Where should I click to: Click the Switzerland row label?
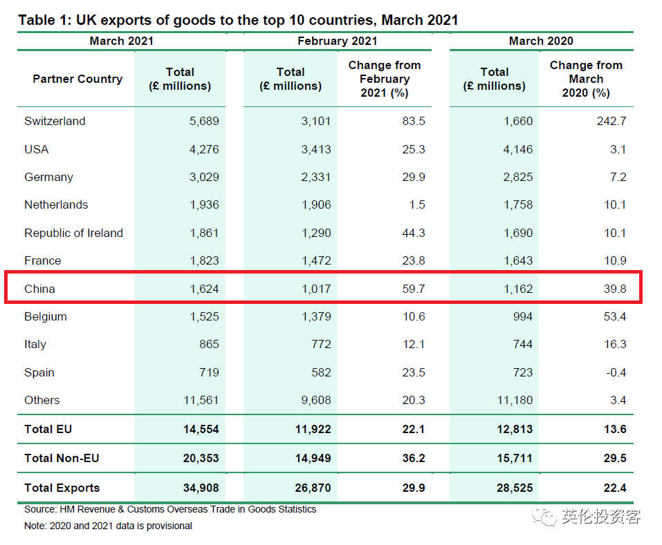55,121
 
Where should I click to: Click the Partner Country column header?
77,79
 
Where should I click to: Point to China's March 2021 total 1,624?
204,289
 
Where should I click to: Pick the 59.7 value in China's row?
413,289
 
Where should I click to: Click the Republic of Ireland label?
73,233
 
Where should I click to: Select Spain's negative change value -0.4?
615,372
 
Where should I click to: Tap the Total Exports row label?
62,488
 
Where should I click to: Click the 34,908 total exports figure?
200,488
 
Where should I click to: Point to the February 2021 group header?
337,41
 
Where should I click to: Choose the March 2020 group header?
541,41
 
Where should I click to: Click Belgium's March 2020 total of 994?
522,316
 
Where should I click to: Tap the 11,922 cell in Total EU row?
312,429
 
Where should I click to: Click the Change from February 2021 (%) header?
385,79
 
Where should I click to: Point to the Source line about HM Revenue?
170,509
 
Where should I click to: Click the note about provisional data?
108,526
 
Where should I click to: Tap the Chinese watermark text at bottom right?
601,517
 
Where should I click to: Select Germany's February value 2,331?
315,177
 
